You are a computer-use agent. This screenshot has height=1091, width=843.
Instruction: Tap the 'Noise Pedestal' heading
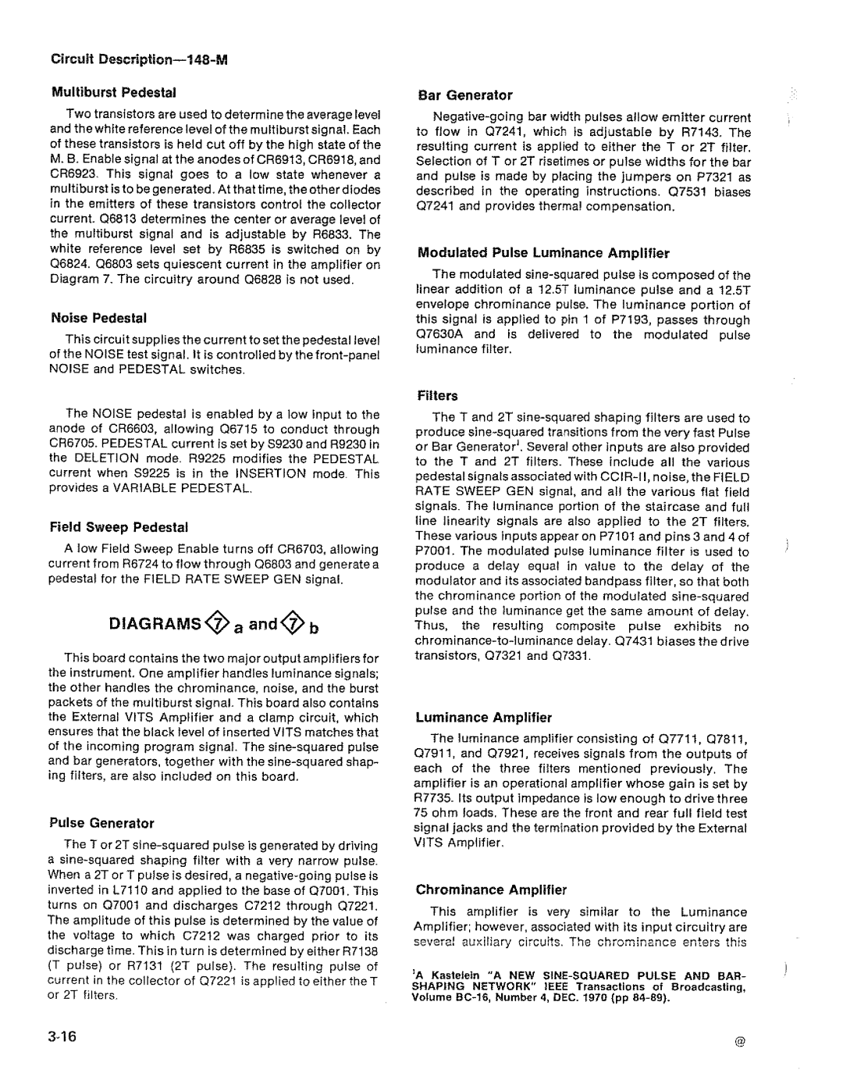(x=99, y=318)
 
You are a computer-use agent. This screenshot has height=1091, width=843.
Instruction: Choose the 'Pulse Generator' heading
(x=102, y=823)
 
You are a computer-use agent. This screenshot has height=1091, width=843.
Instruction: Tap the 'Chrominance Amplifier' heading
(x=491, y=890)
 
